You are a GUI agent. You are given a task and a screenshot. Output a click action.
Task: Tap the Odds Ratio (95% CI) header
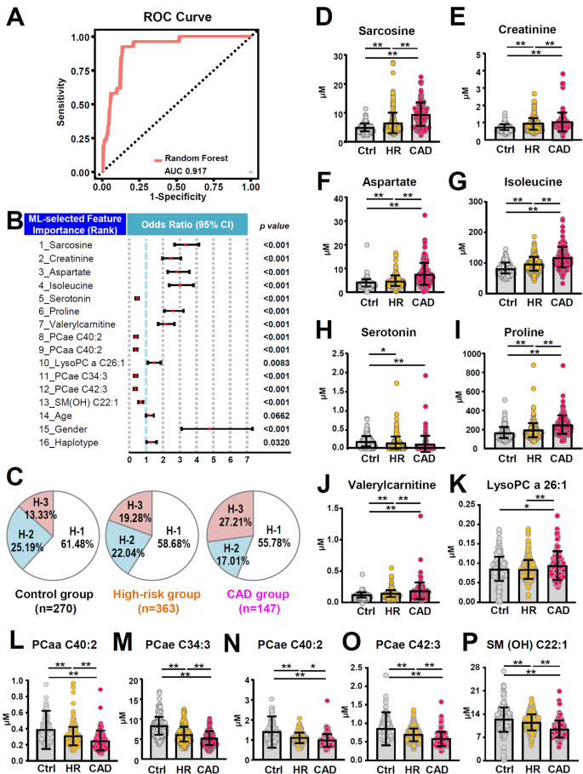186,224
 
